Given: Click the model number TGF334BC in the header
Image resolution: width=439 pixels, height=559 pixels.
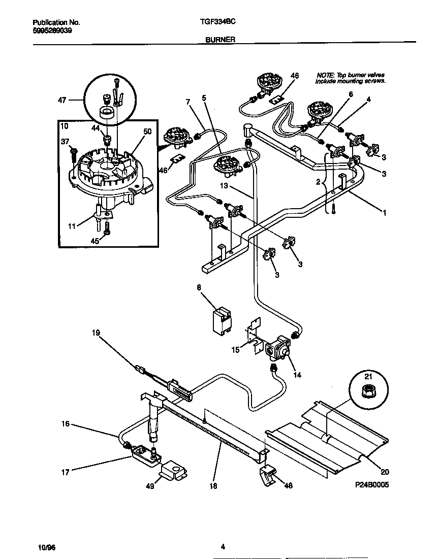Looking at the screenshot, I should (x=218, y=23).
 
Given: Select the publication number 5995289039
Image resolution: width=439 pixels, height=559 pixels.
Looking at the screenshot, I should (x=52, y=30).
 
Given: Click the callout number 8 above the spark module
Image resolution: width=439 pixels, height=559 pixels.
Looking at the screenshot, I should (x=199, y=287).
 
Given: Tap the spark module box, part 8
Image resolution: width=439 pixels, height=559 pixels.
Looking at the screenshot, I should (x=222, y=319).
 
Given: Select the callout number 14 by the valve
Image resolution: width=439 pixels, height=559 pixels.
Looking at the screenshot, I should (x=297, y=375).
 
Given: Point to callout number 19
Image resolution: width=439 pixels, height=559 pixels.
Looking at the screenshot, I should (x=96, y=333).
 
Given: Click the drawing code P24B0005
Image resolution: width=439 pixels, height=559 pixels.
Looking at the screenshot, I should (x=371, y=485).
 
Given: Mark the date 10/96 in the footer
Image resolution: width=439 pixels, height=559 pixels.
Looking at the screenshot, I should (x=45, y=548).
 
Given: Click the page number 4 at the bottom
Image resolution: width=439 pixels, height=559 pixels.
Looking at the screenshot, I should (x=223, y=547).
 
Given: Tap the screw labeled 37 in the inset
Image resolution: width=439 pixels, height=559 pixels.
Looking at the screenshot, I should (x=75, y=152).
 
